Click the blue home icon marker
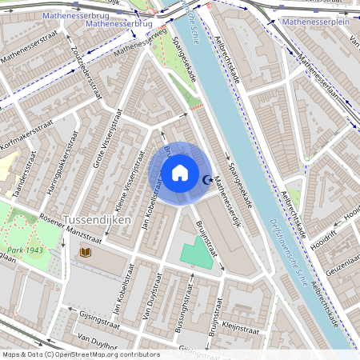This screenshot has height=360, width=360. click(x=180, y=173)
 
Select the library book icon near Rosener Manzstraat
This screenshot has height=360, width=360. click(x=86, y=253)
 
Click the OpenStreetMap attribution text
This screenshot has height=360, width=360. click(x=80, y=354)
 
